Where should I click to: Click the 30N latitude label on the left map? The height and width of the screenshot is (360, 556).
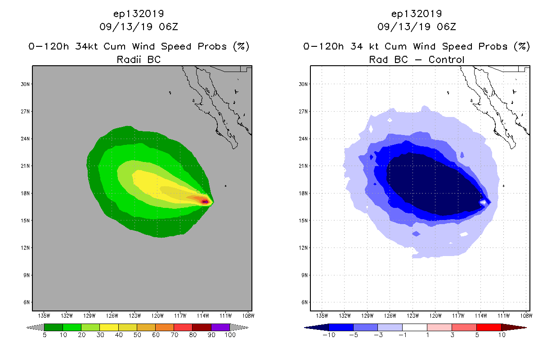click(26, 84)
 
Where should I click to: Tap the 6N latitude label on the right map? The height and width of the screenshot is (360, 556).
click(304, 302)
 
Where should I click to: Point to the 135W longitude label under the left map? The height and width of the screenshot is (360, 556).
click(44, 315)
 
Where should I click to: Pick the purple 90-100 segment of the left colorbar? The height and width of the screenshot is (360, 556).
click(220, 327)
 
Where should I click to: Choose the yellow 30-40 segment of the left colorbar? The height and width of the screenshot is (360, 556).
click(109, 327)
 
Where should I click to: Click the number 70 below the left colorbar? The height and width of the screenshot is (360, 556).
click(174, 335)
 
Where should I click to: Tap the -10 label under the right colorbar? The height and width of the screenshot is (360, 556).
click(329, 335)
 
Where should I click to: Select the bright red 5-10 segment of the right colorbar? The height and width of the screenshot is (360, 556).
click(489, 327)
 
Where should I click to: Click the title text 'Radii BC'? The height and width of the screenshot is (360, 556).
click(139, 59)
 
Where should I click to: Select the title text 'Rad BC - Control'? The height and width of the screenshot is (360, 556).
click(417, 59)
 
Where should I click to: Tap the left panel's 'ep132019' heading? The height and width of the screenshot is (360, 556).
click(139, 13)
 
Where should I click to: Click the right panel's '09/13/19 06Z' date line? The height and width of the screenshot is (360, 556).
click(417, 27)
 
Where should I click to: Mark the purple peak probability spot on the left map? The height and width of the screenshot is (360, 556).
click(205, 202)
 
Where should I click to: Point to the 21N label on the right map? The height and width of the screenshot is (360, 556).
click(304, 166)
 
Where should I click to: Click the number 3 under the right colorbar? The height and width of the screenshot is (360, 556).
click(453, 335)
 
